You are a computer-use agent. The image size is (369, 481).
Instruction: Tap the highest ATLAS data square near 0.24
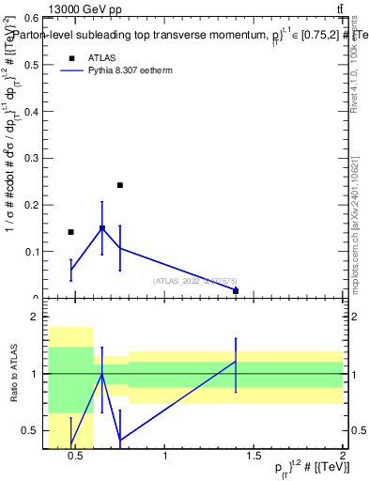tap(120, 185)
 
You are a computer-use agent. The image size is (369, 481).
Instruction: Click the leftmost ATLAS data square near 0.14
tap(70, 232)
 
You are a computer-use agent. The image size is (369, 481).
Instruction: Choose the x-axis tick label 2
tap(344, 458)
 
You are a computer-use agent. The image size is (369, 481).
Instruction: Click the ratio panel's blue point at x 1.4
tap(236, 362)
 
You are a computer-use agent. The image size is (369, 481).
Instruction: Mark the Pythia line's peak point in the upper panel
tap(102, 228)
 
